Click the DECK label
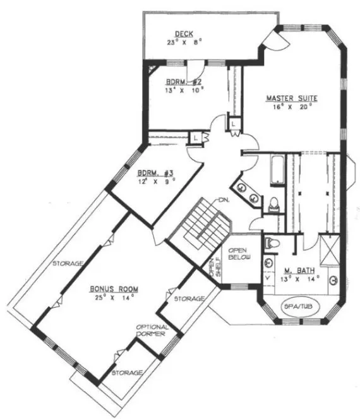click(184, 34)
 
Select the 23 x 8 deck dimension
click(184, 44)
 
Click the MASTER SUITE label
click(291, 98)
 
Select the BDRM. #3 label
click(155, 173)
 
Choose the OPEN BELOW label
click(240, 252)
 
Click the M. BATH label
click(300, 269)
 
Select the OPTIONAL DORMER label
click(152, 331)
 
